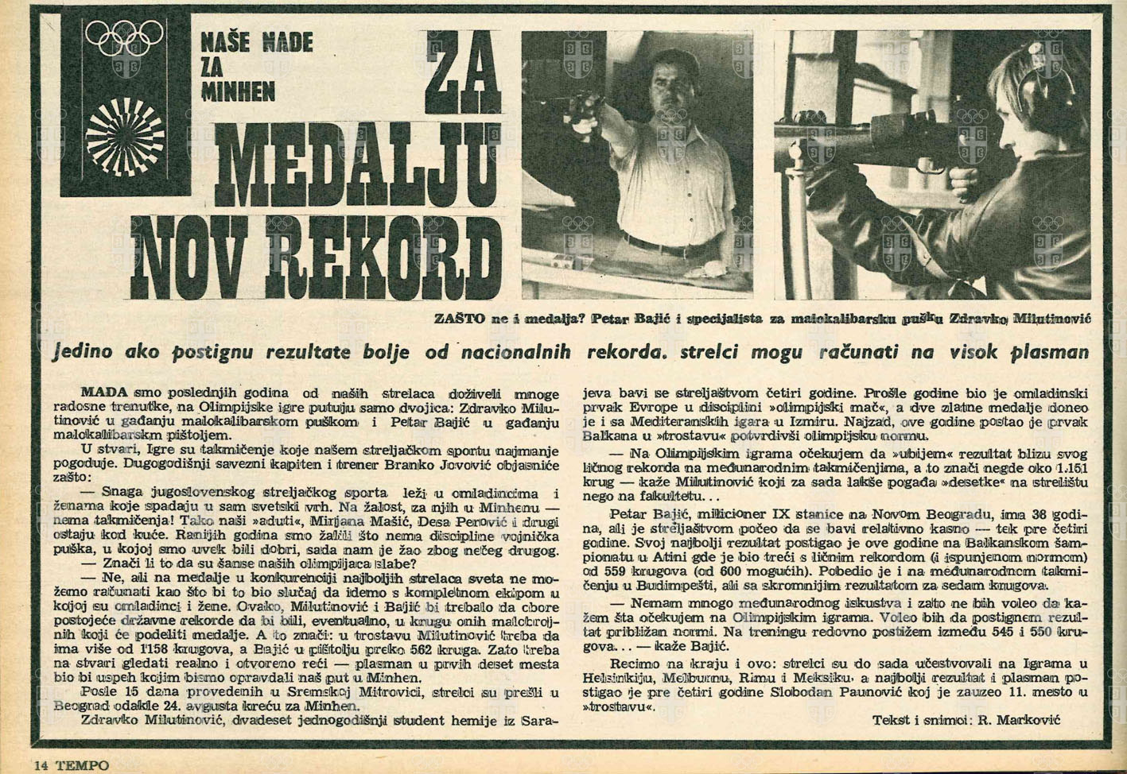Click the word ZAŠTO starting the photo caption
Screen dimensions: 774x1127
pos(459,319)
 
